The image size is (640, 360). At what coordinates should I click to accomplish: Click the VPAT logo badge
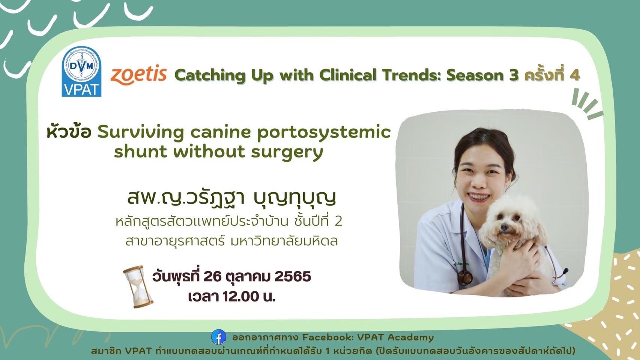pyautogui.click(x=82, y=71)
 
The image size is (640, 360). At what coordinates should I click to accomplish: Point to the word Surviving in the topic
pyautogui.click(x=140, y=133)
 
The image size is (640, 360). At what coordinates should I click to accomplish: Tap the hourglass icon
pyautogui.click(x=138, y=286)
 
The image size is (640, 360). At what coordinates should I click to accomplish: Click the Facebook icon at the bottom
pyautogui.click(x=219, y=337)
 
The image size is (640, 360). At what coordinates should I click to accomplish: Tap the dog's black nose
pyautogui.click(x=504, y=227)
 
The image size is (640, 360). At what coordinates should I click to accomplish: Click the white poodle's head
pyautogui.click(x=510, y=219)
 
